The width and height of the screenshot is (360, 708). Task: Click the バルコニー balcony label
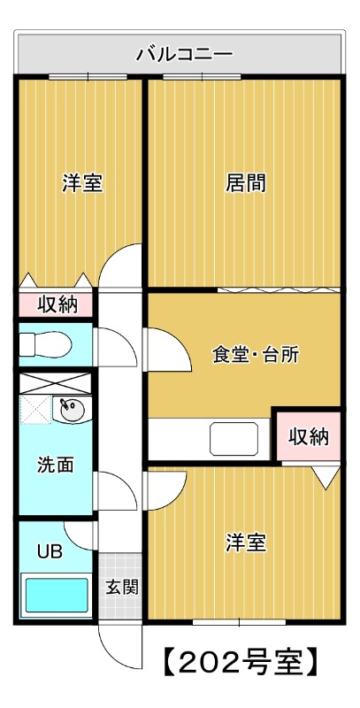click(x=184, y=54)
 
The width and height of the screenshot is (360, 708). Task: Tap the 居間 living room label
click(x=246, y=184)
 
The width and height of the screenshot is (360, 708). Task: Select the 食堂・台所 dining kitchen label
click(x=256, y=355)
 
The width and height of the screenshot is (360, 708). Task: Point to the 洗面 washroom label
click(x=55, y=465)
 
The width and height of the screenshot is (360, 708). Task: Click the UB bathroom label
click(x=50, y=551)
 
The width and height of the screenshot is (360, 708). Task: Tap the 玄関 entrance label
click(x=122, y=587)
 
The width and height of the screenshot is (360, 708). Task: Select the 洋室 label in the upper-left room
click(x=81, y=184)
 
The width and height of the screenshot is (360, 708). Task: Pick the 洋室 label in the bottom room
click(x=245, y=542)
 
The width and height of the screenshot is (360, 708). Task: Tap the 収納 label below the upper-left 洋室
click(x=57, y=305)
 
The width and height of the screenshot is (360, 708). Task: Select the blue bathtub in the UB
click(x=55, y=596)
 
